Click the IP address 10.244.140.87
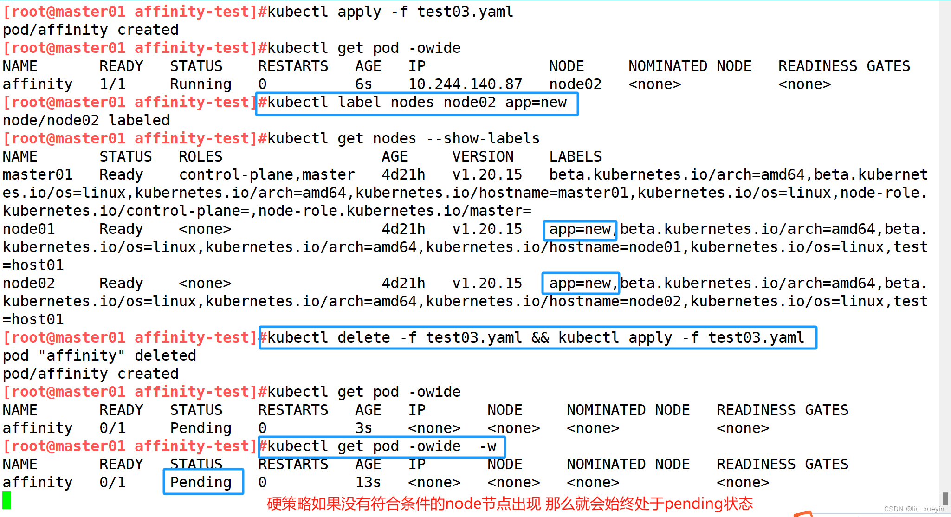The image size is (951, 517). coord(465,84)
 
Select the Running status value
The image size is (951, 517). coord(201,84)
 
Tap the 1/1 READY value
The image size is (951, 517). coord(112,84)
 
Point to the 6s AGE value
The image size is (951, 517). coord(364,84)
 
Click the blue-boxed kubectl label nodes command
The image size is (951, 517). coord(417,103)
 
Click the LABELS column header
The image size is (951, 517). coord(576,156)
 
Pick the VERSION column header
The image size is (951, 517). coord(483,156)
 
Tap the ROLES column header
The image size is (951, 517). coord(201,156)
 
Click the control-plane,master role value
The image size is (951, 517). coord(267,175)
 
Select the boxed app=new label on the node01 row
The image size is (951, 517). coord(580,229)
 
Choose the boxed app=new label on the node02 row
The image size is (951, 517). coord(580,283)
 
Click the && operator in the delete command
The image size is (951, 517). coord(540,337)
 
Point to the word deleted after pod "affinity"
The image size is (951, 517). coord(165,355)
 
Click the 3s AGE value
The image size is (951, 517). coord(364,428)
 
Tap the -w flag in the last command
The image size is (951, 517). coord(488,446)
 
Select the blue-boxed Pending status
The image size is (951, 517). coord(201,482)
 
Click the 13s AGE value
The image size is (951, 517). coord(368,482)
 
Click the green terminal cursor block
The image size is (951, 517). coord(7,500)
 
